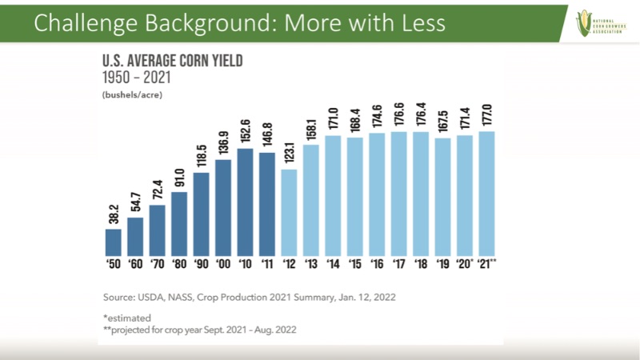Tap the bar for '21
click(x=486, y=192)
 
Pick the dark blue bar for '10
click(x=246, y=200)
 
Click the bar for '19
click(x=442, y=195)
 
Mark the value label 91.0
click(x=179, y=176)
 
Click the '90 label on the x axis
click(x=202, y=262)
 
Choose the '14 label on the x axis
click(x=333, y=262)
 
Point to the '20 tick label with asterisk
click(x=466, y=262)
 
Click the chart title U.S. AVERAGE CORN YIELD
click(x=172, y=61)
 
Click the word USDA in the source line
click(x=155, y=297)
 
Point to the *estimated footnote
click(x=127, y=317)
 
